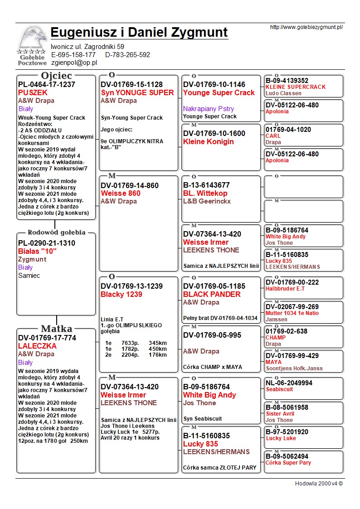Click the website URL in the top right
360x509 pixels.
306,27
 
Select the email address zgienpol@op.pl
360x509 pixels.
74,63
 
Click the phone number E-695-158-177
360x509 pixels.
73,55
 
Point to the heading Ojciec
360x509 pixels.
56,76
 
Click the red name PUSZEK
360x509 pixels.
33,92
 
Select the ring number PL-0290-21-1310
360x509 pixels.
47,243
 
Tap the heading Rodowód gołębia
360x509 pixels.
56,233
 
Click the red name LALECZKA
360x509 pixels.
37,346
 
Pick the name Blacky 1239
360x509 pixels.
121,295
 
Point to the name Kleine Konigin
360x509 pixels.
208,142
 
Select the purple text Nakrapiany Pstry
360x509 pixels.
209,109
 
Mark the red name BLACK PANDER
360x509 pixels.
212,295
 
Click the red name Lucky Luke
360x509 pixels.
281,438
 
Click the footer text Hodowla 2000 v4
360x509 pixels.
319,483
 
